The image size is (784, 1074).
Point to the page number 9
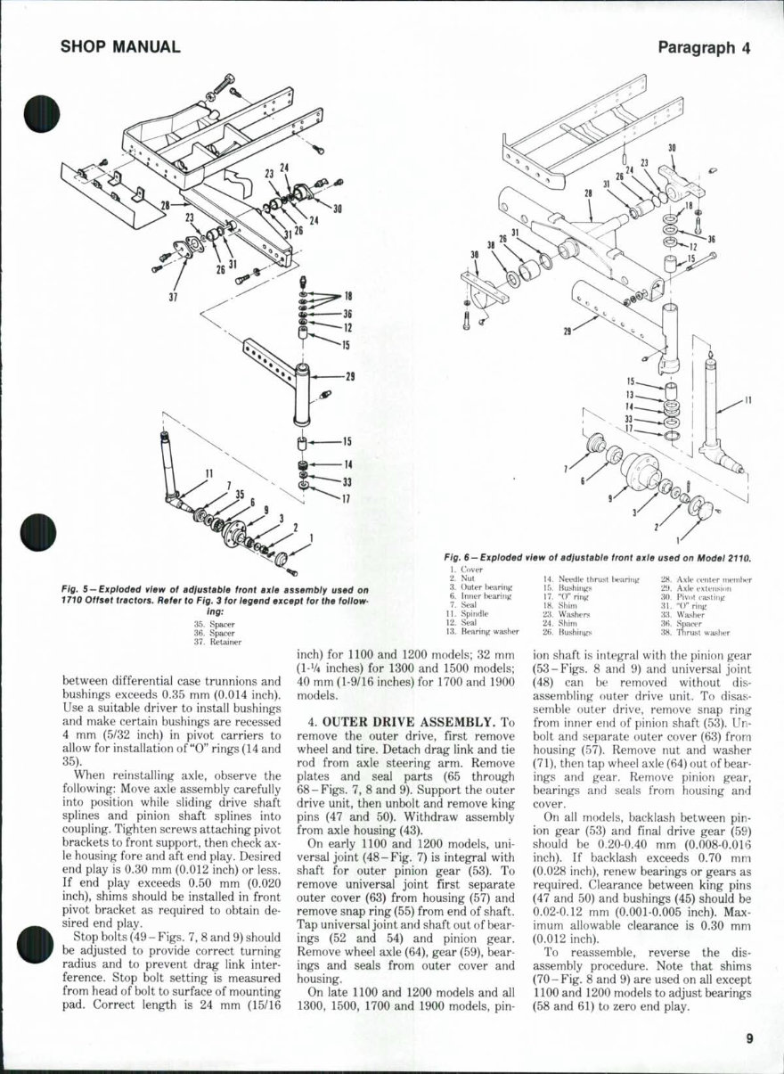click(750, 1036)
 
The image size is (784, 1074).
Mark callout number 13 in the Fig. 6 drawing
click(629, 393)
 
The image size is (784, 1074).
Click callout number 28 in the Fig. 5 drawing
click(163, 206)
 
